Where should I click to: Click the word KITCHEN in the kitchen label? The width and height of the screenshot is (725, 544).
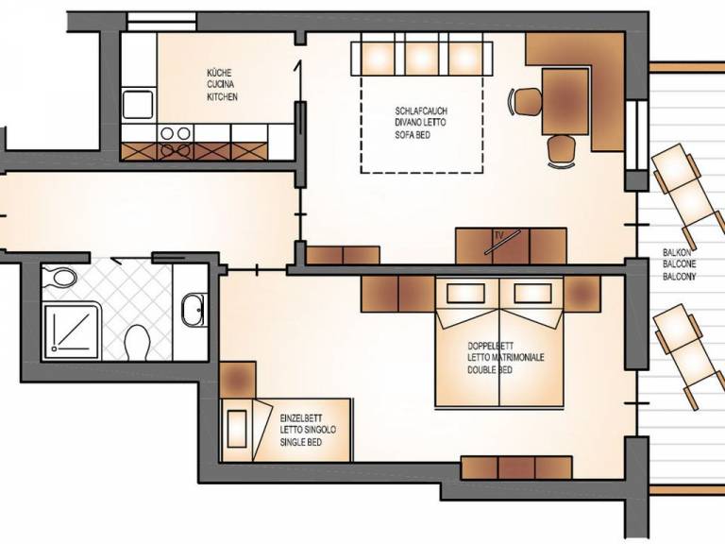[222, 96]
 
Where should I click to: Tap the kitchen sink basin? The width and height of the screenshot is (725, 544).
[138, 105]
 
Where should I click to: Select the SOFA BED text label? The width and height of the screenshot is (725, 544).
[413, 135]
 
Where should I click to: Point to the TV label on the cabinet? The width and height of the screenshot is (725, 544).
[498, 235]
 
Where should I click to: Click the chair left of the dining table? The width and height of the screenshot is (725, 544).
[526, 101]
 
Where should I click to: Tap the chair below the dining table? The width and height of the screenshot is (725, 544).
[562, 150]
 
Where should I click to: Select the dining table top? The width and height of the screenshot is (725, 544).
[565, 101]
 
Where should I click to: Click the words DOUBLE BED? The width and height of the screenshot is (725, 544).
[490, 370]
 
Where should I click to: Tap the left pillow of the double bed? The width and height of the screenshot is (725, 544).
[465, 293]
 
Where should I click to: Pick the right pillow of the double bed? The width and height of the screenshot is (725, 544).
[532, 293]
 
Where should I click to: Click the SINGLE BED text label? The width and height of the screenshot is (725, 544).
[300, 442]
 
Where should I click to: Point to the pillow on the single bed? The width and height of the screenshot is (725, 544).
[237, 429]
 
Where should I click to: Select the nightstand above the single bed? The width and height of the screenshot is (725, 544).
[238, 380]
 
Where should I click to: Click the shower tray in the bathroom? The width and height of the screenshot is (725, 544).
[71, 331]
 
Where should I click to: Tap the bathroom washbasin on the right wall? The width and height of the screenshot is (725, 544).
[194, 310]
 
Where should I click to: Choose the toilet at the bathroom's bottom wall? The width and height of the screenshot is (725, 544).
[137, 342]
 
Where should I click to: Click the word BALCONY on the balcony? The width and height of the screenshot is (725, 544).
[680, 277]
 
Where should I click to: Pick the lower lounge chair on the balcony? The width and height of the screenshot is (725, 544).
[688, 355]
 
